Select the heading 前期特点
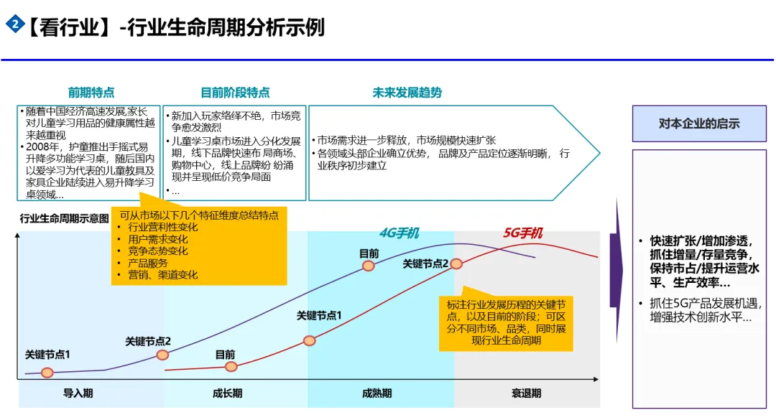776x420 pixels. pos(91,93)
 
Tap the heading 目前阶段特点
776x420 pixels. pos(235,93)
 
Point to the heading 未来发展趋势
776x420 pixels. pos(407,93)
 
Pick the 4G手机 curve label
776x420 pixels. pos(399,233)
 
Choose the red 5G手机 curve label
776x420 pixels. pos(522,233)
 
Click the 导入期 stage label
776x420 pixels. pos(78,393)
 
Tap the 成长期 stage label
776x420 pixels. pos(227,393)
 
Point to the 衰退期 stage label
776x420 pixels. pos(526,393)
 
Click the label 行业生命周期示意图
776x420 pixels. pos(65,218)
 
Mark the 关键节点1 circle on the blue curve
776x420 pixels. pos(47,372)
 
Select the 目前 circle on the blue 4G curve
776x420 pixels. pos(369,266)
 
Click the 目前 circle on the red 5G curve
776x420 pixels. pos(231,366)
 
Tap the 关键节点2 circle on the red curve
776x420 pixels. pos(457,263)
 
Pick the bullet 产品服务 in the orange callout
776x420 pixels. pos(148,263)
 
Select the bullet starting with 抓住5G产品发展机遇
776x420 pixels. pos(701,310)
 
